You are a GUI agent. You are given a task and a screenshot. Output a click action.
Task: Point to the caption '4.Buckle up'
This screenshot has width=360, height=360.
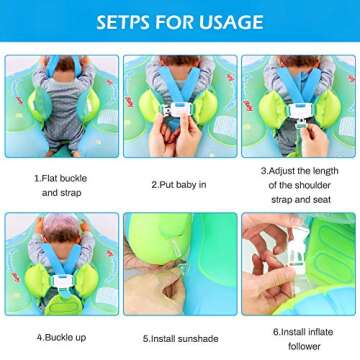tap(60, 338)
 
